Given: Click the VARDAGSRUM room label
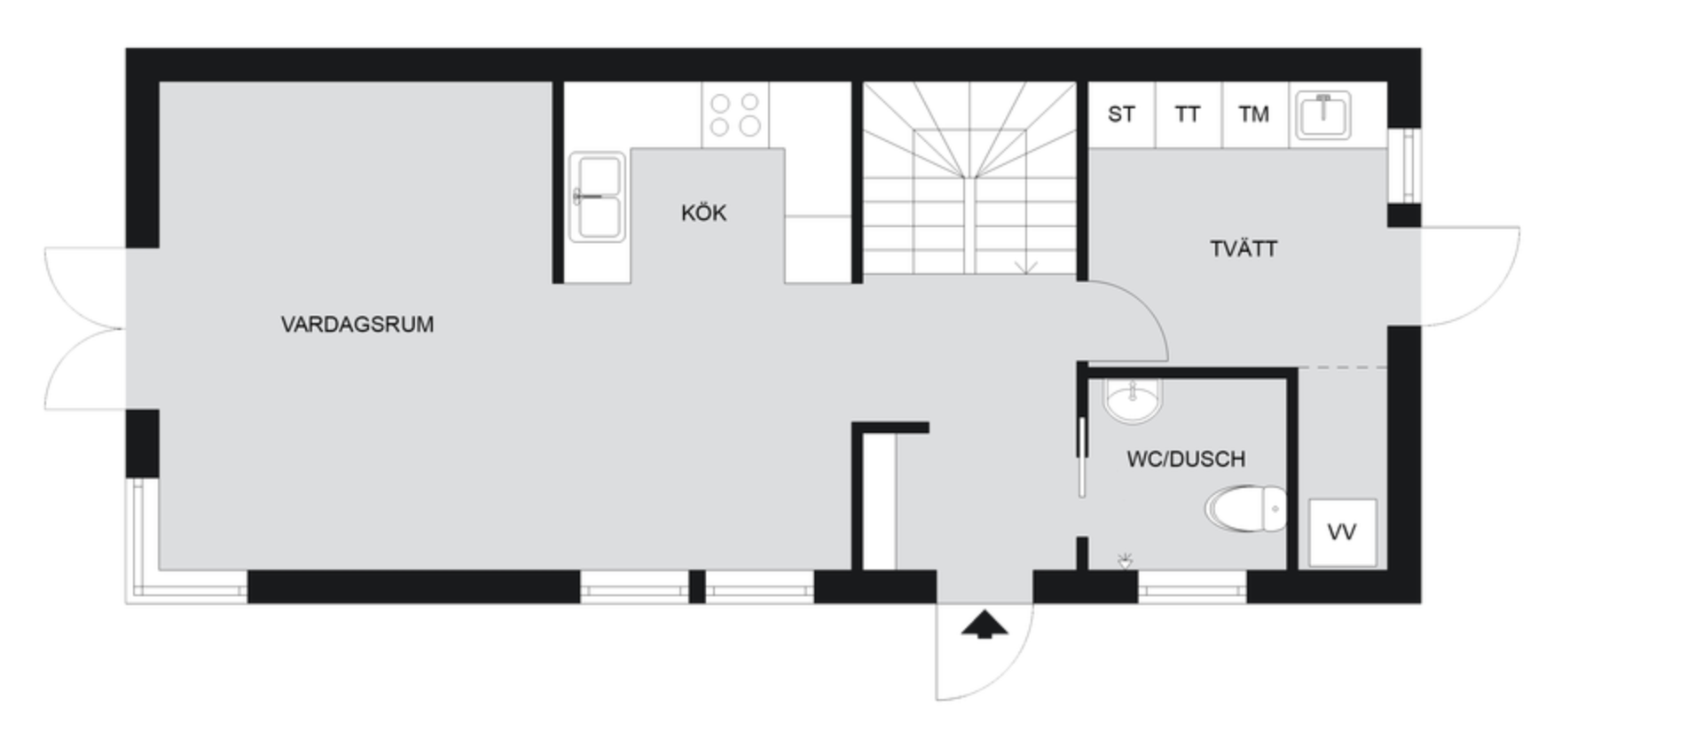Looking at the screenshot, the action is point(357,325).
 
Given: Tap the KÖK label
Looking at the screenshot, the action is point(704,213).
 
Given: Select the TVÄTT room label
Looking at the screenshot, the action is point(1244,248).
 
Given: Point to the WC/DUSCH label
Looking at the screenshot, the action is point(1186,459).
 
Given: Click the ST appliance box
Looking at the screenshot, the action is point(1122,114).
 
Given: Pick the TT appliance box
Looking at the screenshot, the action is point(1189,114).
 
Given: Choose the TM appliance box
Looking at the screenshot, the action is point(1255,114).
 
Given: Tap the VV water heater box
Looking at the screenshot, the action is point(1343,532).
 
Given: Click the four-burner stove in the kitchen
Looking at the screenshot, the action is point(735,115).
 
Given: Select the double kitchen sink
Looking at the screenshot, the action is point(597,197).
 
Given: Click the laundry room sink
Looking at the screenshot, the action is point(1322,114).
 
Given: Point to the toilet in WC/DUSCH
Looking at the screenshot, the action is point(1246,509).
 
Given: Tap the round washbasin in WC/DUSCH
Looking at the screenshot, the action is point(1132,401).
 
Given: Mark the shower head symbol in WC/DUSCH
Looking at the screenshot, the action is point(1126,560).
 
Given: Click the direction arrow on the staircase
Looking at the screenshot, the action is point(1026,267).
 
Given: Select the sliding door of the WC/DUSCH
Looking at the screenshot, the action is point(1082,457).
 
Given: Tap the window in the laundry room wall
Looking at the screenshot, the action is point(1405,165).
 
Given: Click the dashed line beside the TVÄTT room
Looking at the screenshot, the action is point(1343,367).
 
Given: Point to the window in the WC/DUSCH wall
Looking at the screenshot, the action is point(1192,586).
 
